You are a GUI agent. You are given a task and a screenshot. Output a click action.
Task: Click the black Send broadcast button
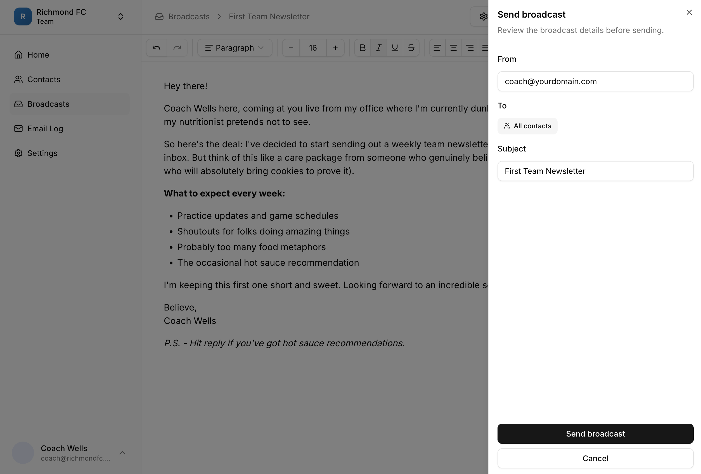[x=595, y=433]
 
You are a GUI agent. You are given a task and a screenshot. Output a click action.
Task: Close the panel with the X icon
[x=689, y=12]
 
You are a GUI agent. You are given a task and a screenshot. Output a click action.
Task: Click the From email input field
[x=595, y=81]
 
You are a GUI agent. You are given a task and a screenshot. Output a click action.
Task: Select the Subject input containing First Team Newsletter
[x=595, y=171]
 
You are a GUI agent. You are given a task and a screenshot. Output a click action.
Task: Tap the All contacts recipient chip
[x=527, y=126]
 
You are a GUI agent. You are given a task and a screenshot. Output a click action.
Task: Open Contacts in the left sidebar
[x=44, y=79]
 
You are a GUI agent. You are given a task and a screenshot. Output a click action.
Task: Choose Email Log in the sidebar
[x=45, y=129]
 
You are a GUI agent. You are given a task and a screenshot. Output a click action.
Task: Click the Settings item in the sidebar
[x=42, y=153]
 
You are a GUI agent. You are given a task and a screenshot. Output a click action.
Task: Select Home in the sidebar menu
[x=38, y=55]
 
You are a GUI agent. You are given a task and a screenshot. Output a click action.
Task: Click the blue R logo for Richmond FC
[x=23, y=16]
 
